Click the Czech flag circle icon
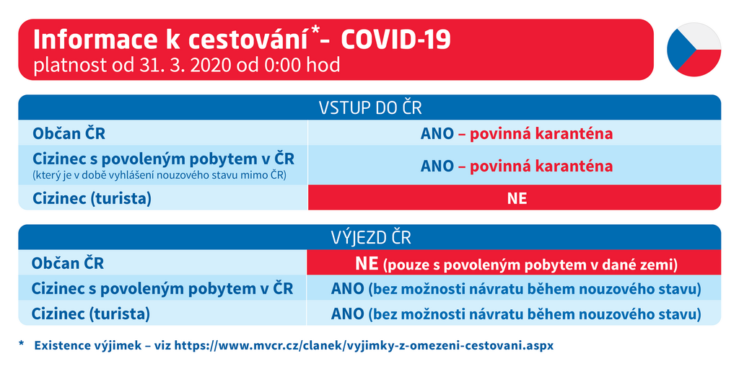(x=694, y=50)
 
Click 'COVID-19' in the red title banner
(x=395, y=41)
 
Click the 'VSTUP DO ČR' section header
(x=369, y=108)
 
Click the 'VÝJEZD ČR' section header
(x=369, y=237)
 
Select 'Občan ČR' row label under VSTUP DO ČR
(x=69, y=134)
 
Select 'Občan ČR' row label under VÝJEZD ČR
(x=67, y=263)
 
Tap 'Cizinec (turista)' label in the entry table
(x=92, y=199)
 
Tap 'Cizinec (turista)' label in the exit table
(x=90, y=314)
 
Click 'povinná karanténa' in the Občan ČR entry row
(x=541, y=134)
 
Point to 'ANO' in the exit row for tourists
(x=347, y=314)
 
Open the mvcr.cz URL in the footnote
(x=364, y=345)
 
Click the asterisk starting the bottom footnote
(x=21, y=344)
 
